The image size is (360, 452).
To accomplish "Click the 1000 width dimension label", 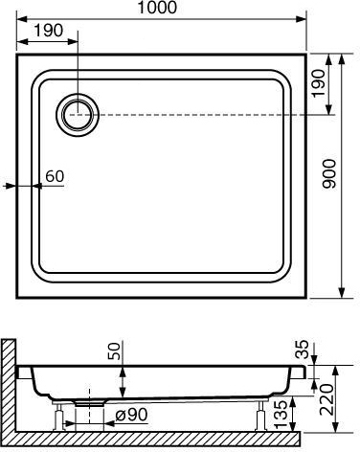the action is pos(157,8).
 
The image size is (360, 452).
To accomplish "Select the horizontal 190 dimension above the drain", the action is pos(49,31).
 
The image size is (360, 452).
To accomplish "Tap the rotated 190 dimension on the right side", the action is pos(319,83).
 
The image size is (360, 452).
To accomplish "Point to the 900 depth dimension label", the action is pos(329,174).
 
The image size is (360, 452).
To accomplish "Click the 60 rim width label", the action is pos(55,176).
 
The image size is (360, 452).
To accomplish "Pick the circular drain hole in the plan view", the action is pos(78,115).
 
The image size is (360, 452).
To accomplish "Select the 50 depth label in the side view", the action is pos(114,351).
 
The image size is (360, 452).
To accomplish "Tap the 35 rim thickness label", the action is pos(302,350).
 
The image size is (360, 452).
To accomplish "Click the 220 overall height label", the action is pos(326,399).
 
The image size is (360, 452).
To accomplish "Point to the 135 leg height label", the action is pos(281,415).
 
